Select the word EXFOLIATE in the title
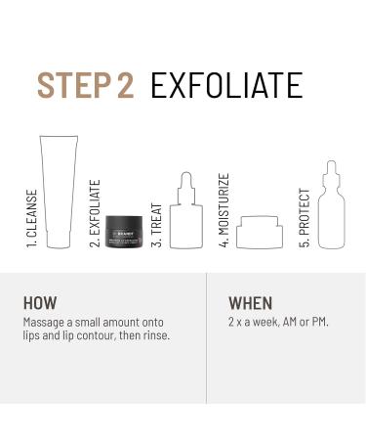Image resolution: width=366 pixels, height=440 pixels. tap(226, 85)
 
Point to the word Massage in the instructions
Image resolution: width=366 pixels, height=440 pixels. tap(44, 321)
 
